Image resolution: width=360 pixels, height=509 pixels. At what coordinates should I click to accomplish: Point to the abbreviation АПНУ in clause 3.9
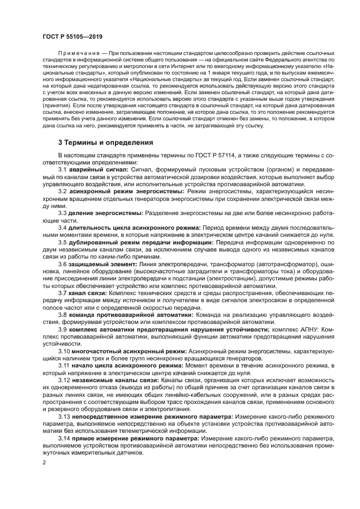click(x=302, y=329)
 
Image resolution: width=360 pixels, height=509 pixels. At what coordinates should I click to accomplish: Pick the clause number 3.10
click(x=64, y=351)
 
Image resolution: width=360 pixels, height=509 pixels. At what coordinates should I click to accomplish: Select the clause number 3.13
click(x=64, y=416)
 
